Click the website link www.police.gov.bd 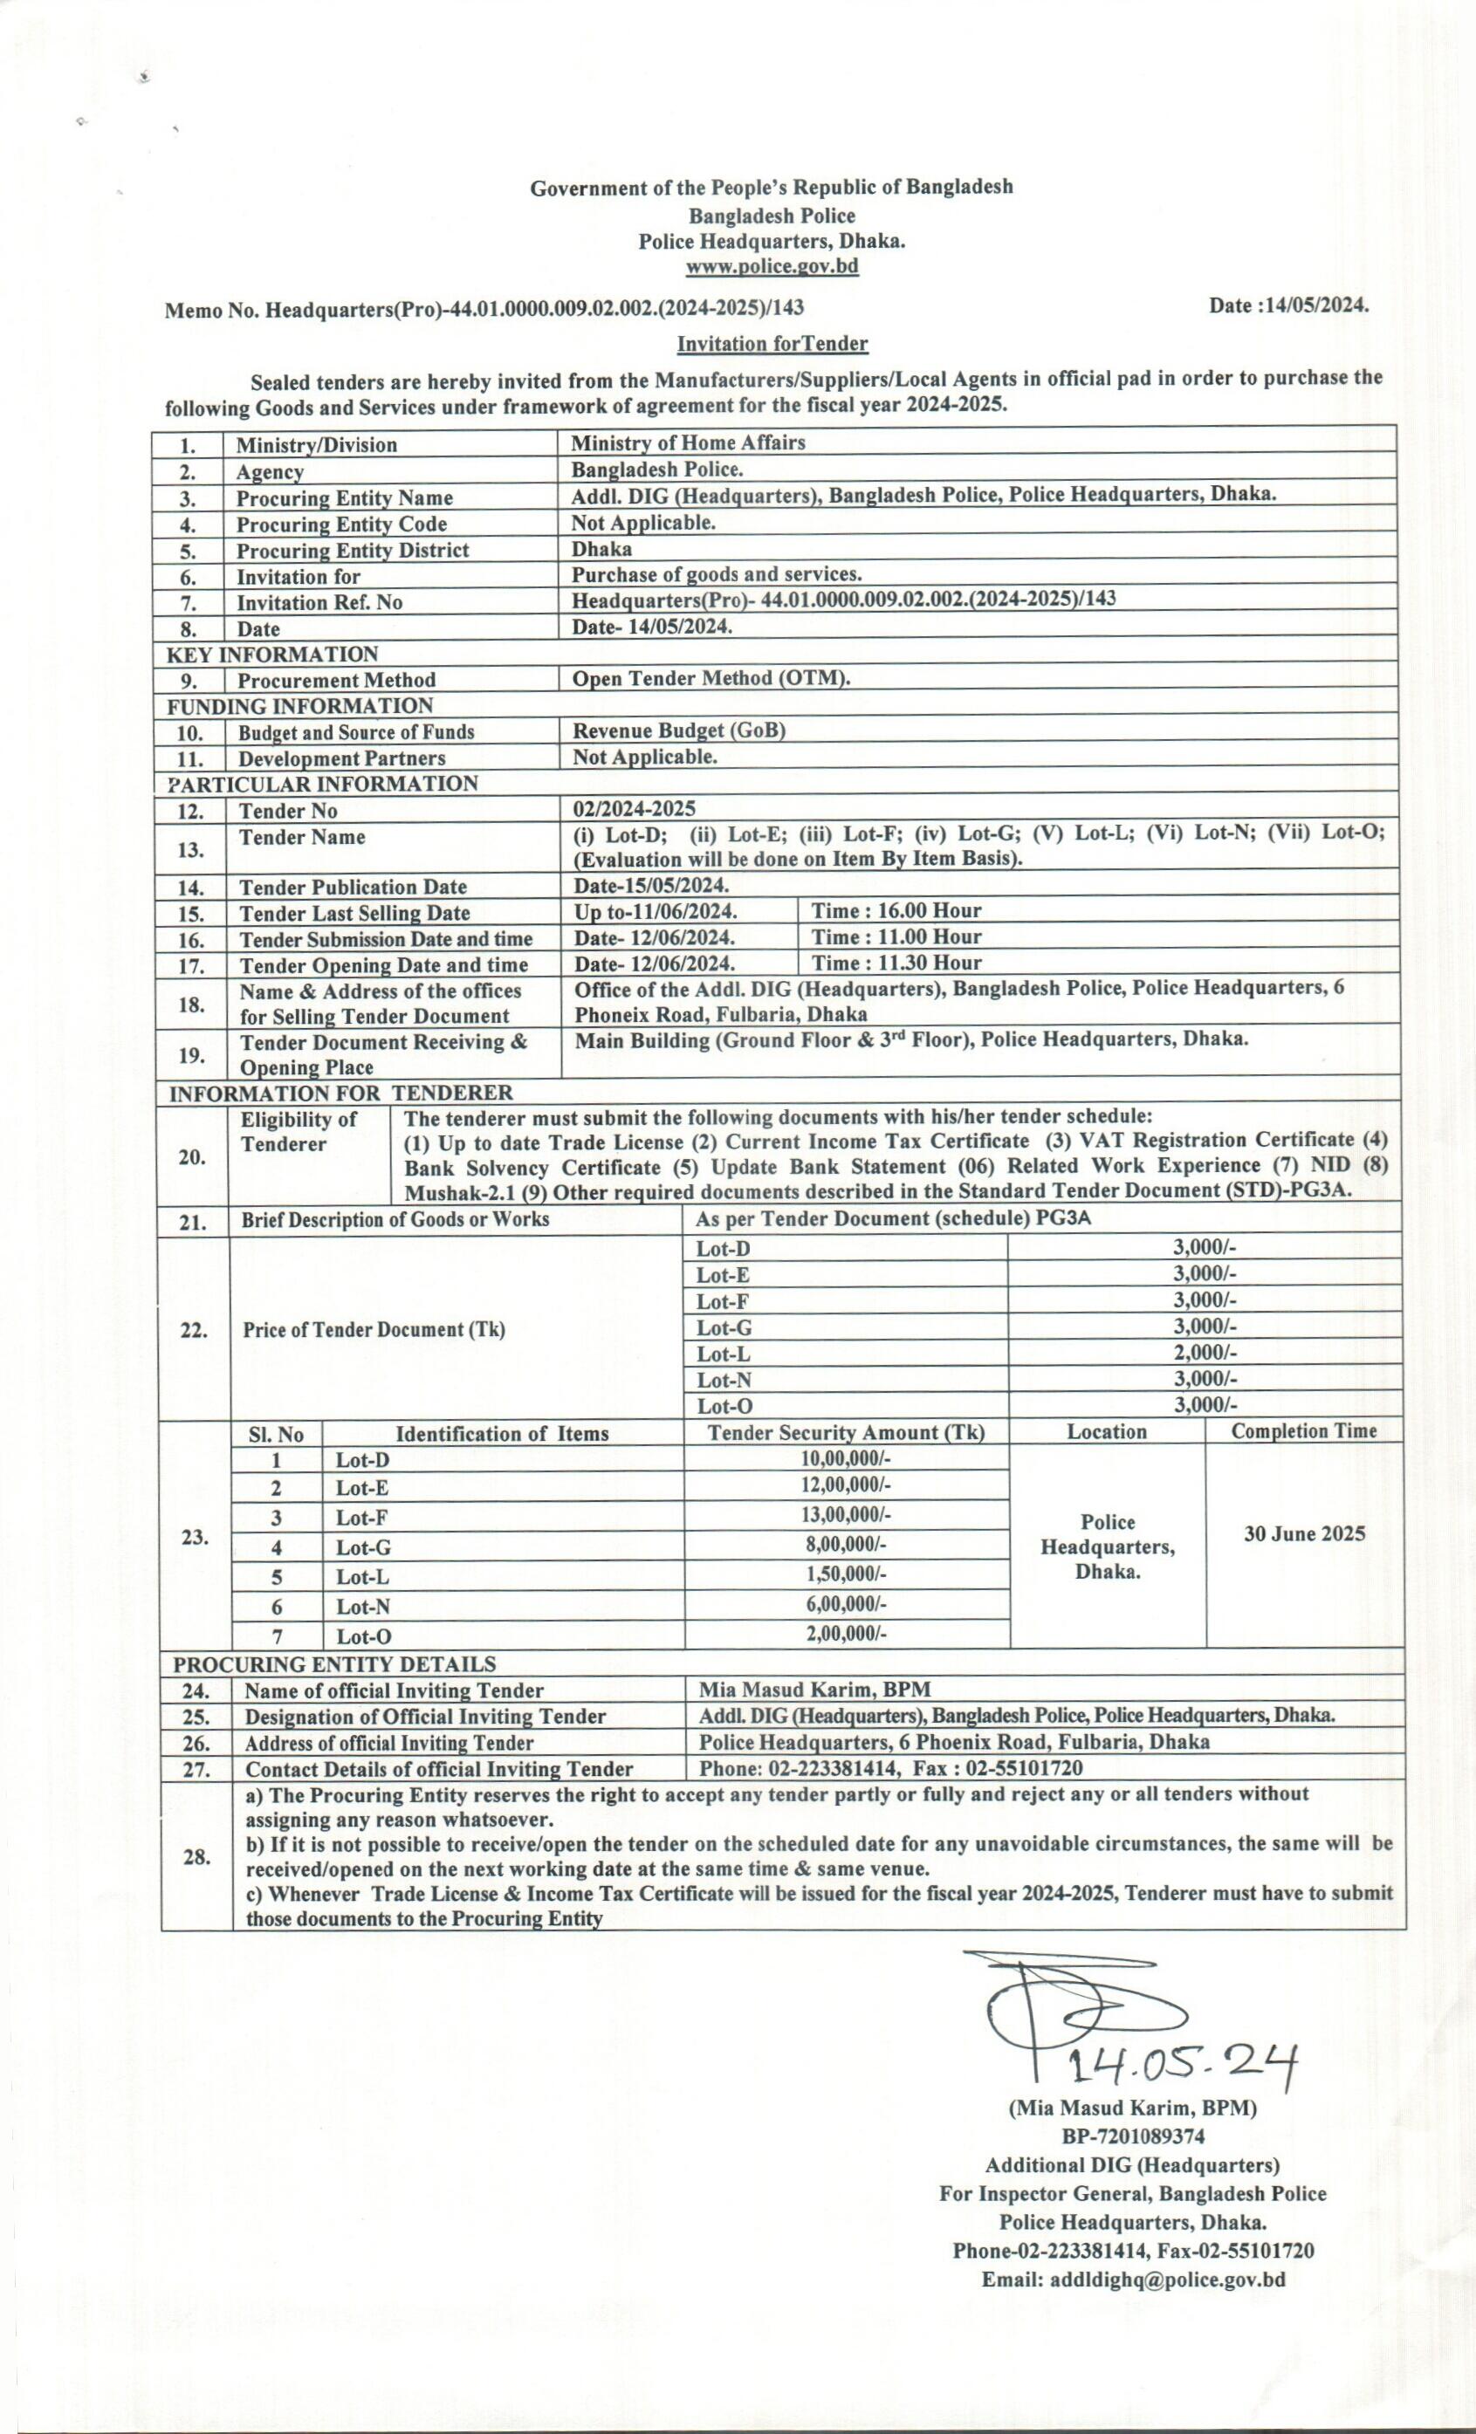(x=772, y=267)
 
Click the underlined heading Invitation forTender (x=772, y=344)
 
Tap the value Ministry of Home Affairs (x=688, y=442)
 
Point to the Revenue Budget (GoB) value (x=680, y=731)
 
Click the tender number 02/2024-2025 (x=634, y=809)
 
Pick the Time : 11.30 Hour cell (x=896, y=963)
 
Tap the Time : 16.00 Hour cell (x=896, y=911)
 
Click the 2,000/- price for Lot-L (x=1205, y=1354)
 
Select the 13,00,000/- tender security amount (x=847, y=1514)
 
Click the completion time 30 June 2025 (x=1304, y=1534)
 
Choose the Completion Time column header (x=1303, y=1431)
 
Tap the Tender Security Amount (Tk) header (x=846, y=1433)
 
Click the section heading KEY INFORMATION (x=272, y=655)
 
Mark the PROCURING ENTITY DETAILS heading (x=335, y=1664)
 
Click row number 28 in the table (x=196, y=1857)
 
